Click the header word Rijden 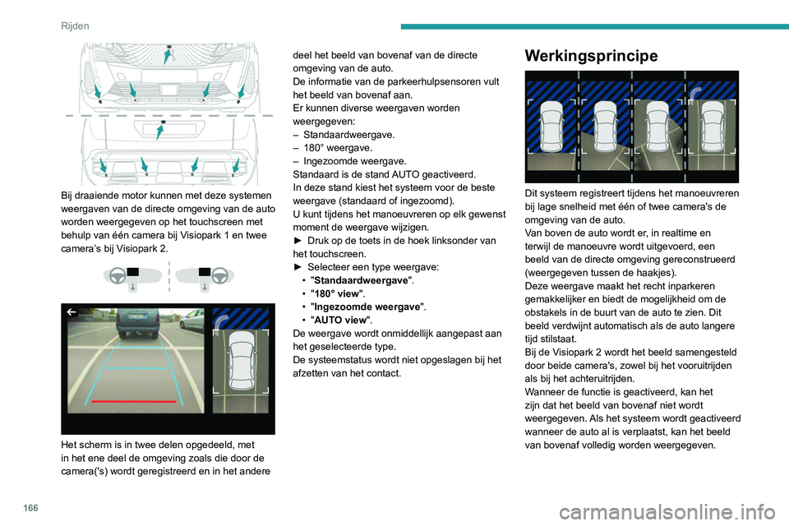coord(76,25)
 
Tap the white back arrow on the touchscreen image coord(72,312)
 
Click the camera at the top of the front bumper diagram coord(168,46)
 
